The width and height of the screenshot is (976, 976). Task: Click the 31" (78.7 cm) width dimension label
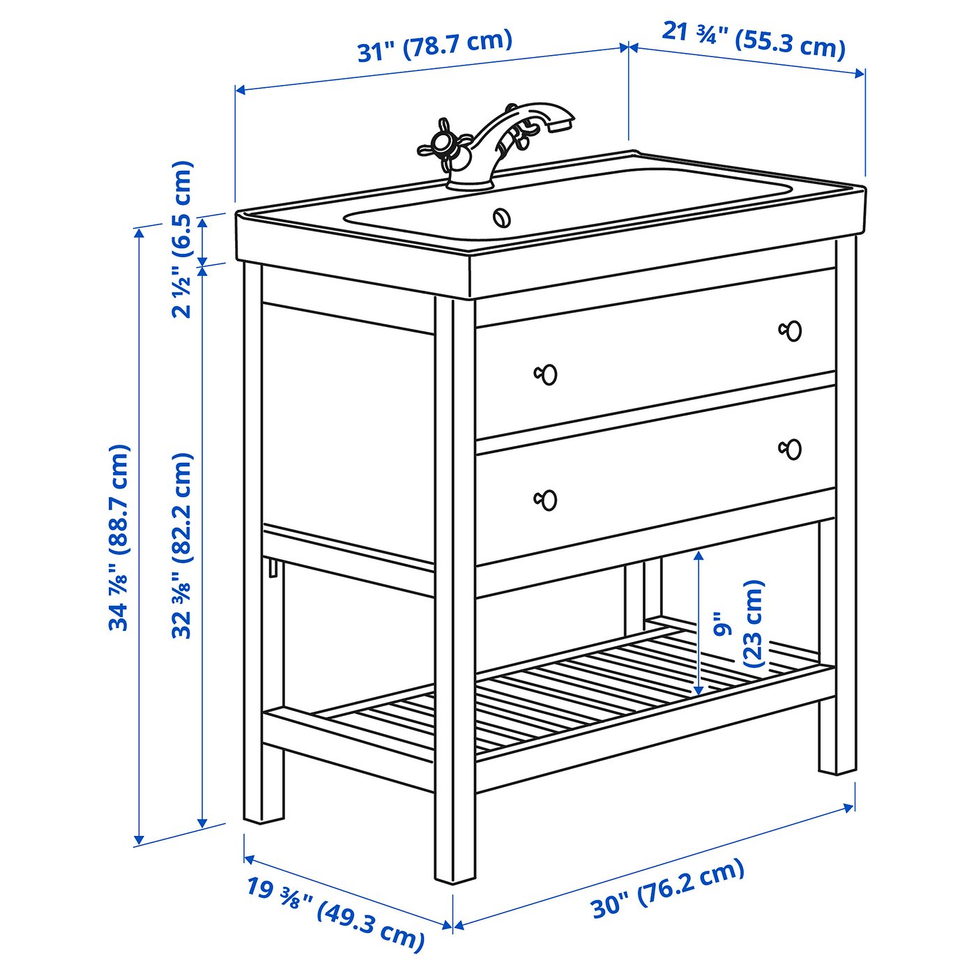(x=434, y=47)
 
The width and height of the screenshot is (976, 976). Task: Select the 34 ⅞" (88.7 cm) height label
(x=119, y=537)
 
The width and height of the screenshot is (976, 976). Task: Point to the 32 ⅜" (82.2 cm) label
(x=183, y=545)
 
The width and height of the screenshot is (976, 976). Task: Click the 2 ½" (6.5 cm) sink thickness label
(x=183, y=239)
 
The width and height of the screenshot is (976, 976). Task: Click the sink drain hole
(x=502, y=218)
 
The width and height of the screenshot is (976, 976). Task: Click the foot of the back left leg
(x=264, y=830)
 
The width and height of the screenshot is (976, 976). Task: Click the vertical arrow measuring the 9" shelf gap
(x=699, y=623)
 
